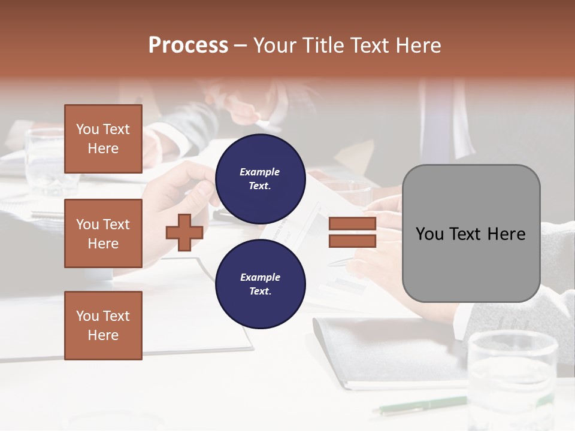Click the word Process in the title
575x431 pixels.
tap(188, 45)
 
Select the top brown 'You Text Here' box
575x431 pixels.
tap(103, 139)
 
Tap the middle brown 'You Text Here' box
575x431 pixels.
tap(103, 233)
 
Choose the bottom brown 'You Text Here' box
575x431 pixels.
tap(103, 325)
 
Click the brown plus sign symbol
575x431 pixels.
tap(184, 232)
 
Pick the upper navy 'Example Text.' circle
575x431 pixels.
tap(260, 178)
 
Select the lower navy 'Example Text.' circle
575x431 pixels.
tap(260, 284)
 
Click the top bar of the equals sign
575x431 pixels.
tap(352, 224)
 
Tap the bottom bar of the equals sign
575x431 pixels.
tap(352, 241)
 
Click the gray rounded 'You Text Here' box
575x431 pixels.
tap(471, 233)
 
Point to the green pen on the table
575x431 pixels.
tap(419, 405)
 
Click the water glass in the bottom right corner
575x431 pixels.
tap(513, 377)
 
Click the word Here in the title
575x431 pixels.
tap(417, 45)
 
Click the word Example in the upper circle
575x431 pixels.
tap(260, 172)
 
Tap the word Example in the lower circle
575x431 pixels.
tap(260, 277)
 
